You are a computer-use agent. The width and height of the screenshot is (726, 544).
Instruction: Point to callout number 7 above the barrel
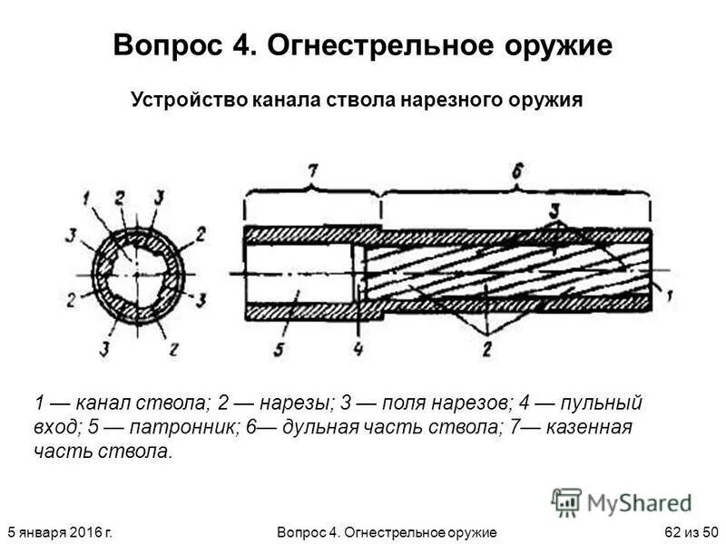pyautogui.click(x=313, y=170)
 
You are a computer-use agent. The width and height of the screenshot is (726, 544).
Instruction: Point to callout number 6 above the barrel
pyautogui.click(x=516, y=170)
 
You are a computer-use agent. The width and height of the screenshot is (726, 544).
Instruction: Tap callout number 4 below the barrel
pyautogui.click(x=359, y=346)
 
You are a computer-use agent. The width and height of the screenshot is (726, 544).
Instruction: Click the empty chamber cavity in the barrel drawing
pyautogui.click(x=299, y=272)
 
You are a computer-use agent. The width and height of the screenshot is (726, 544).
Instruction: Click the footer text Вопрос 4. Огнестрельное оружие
pyautogui.click(x=385, y=529)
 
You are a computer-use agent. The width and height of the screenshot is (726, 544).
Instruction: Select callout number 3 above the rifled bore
pyautogui.click(x=553, y=209)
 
